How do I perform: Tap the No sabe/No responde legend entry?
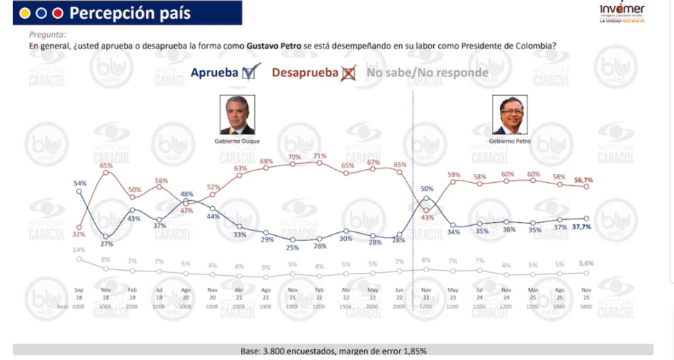click(427, 73)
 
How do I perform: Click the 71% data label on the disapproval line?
click(320, 155)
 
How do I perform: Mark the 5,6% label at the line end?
click(585, 263)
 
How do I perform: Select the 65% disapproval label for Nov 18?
click(106, 166)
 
